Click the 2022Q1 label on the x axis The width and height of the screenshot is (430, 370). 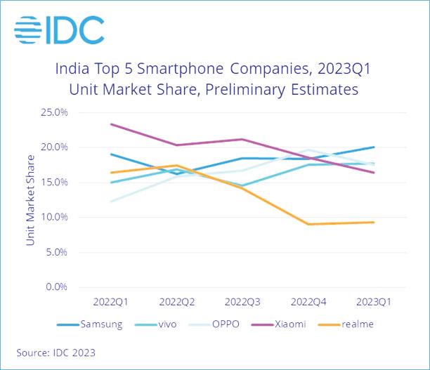(110, 301)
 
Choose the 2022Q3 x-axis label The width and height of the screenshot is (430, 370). (241, 301)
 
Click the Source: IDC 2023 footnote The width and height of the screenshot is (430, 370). (56, 352)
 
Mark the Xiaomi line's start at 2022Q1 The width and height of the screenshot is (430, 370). (110, 124)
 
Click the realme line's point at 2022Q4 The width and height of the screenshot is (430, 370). (307, 224)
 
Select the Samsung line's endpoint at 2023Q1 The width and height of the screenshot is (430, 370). (373, 147)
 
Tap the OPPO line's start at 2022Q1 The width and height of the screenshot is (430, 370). (110, 201)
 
